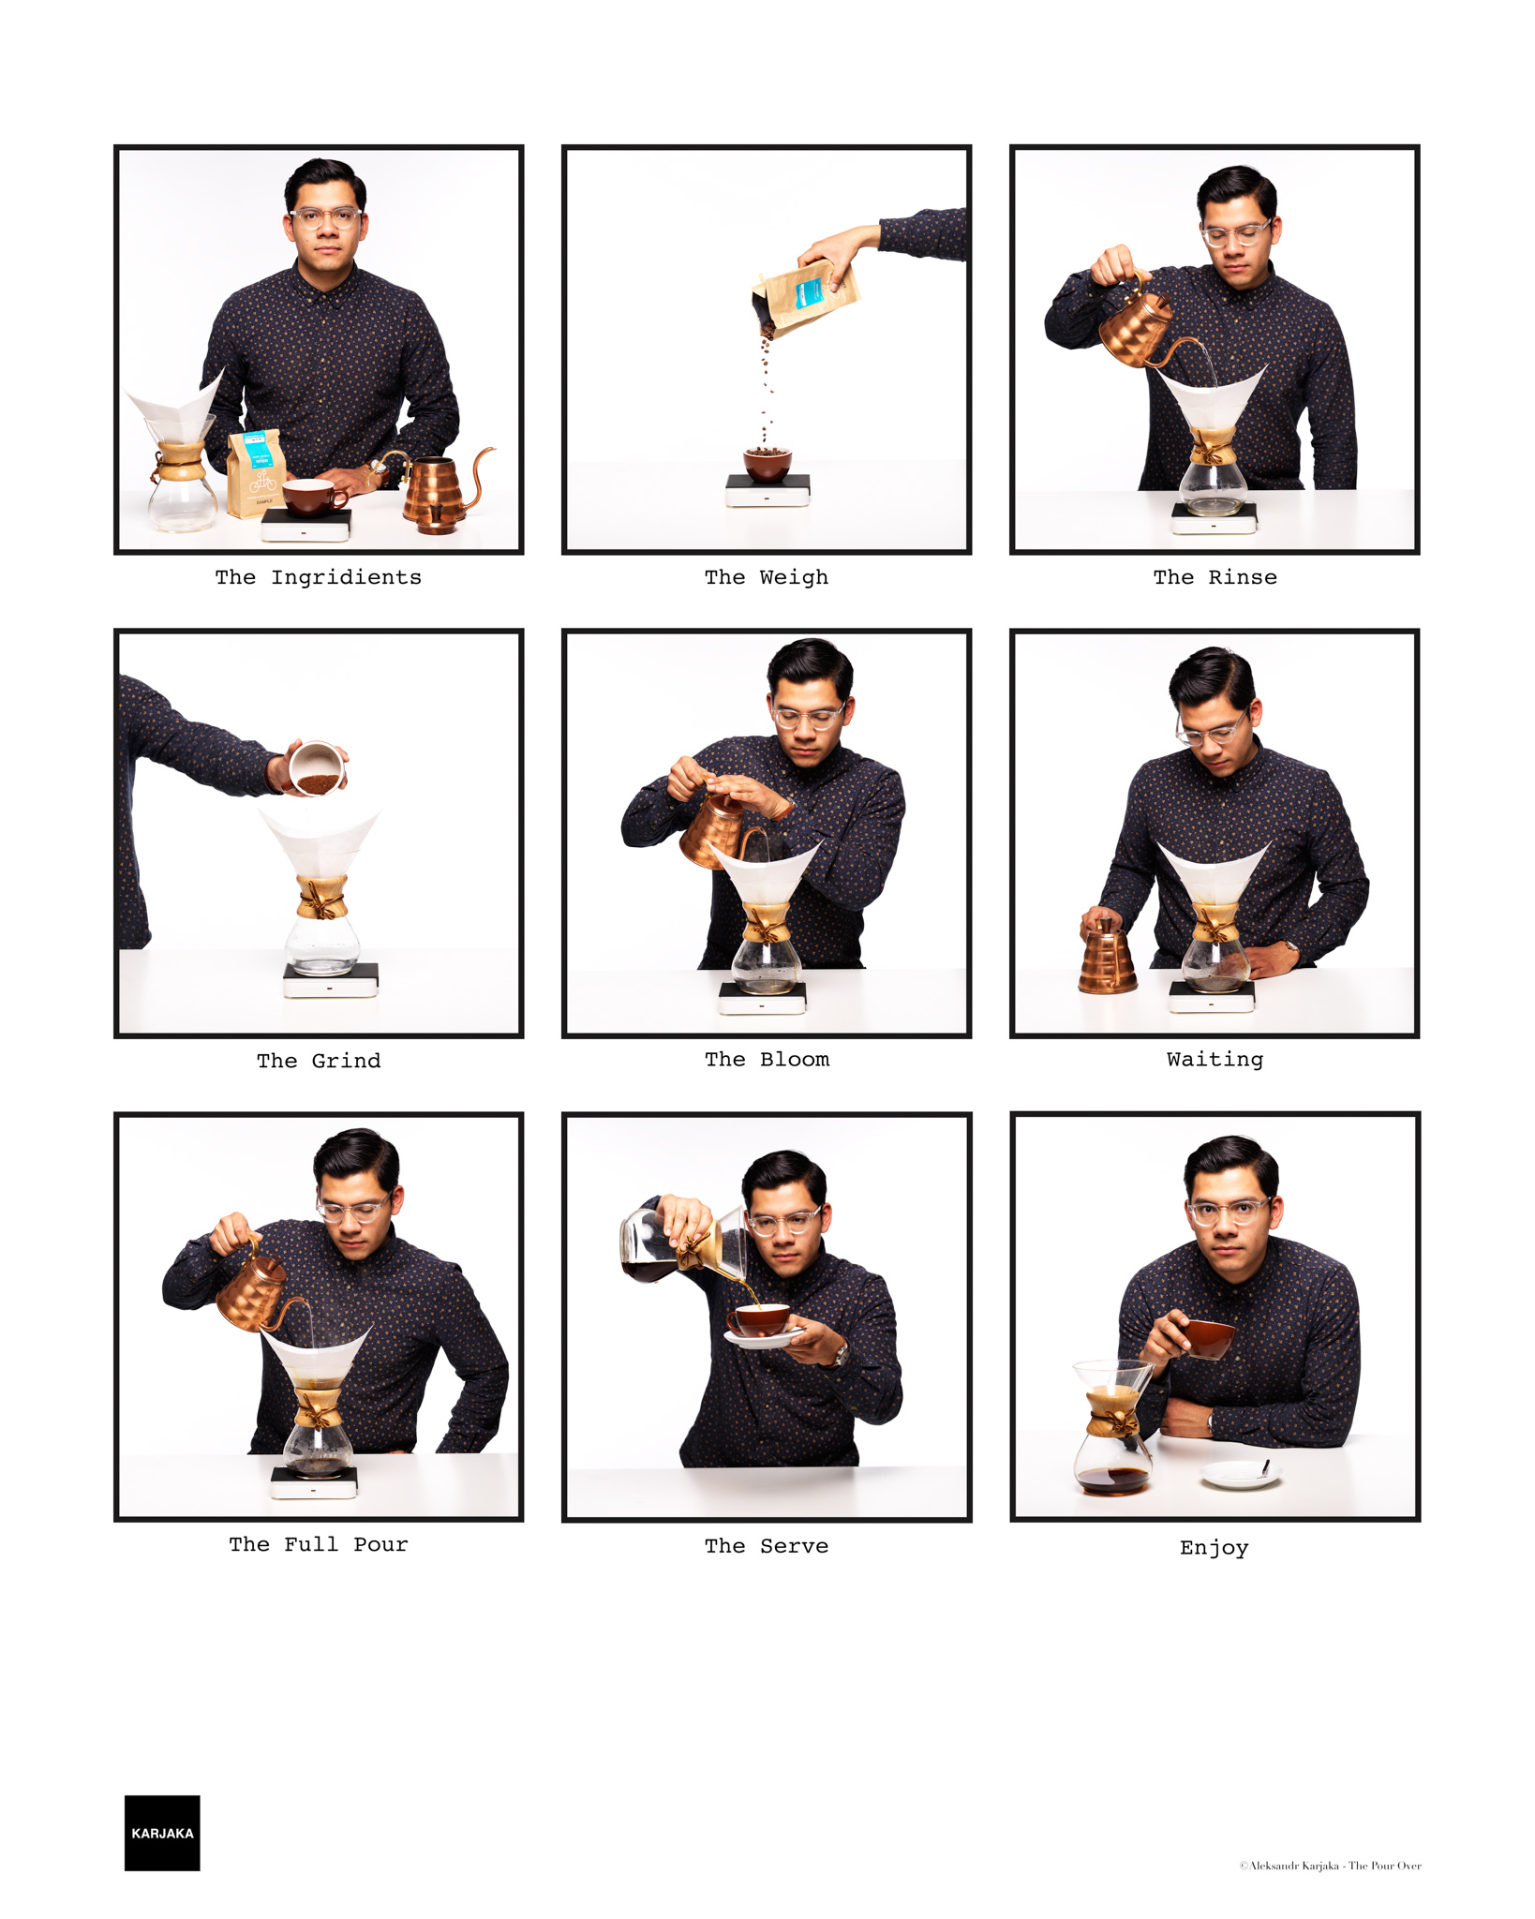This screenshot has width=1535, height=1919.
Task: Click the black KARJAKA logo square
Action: click(162, 1833)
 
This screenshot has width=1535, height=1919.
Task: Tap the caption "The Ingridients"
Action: click(319, 578)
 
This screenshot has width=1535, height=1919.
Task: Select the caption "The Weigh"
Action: click(767, 578)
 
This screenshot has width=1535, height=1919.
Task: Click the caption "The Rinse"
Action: click(1215, 577)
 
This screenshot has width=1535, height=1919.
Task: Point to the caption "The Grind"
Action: click(319, 1061)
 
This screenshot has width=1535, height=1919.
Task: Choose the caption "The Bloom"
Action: click(767, 1060)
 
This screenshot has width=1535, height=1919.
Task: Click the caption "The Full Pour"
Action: click(319, 1544)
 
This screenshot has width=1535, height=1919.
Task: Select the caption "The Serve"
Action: click(767, 1546)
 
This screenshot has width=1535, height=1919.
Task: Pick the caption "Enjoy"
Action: click(1215, 1548)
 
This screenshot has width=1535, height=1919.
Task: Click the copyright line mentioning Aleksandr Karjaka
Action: click(1330, 1866)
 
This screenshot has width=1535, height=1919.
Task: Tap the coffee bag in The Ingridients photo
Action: click(256, 473)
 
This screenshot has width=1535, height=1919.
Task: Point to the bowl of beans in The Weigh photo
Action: click(767, 463)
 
